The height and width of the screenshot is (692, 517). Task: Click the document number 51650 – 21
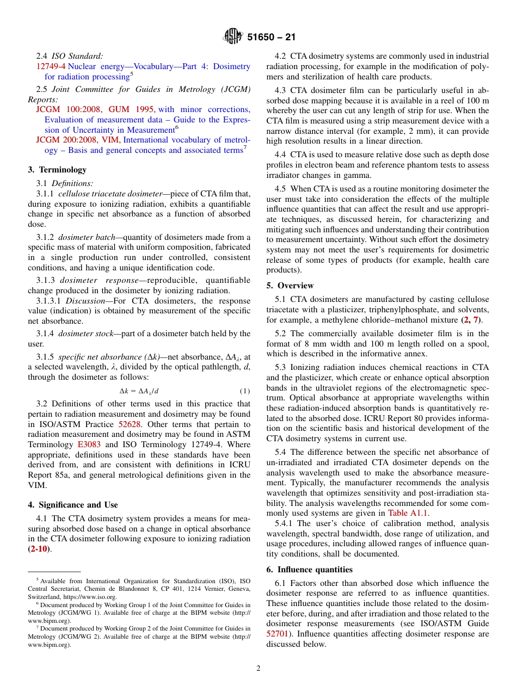click(272, 38)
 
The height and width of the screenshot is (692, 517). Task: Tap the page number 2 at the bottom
click(258, 669)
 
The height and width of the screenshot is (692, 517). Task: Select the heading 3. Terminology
click(57, 170)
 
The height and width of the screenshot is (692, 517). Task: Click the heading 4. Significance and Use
click(72, 505)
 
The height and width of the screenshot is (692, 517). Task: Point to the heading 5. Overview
click(290, 286)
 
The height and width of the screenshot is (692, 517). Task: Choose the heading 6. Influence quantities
click(309, 570)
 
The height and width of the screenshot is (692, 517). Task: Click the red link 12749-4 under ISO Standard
click(51, 66)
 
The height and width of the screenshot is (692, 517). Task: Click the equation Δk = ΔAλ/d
click(139, 391)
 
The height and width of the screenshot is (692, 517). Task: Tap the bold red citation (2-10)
click(38, 549)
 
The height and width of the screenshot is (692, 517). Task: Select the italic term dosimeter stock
click(85, 333)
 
